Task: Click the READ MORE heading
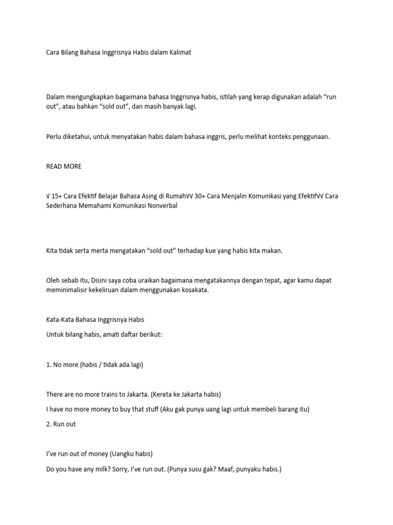63,166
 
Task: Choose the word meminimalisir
68,290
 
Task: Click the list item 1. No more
70,365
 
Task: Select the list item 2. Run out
61,424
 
